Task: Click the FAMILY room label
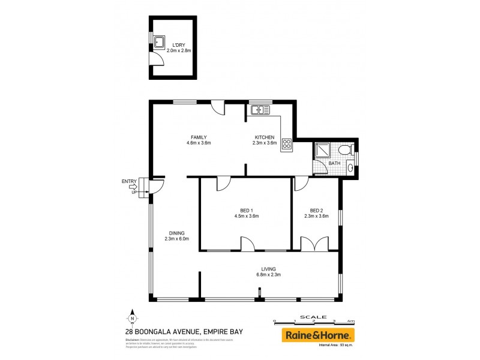pos(199,137)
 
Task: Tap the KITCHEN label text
pos(264,137)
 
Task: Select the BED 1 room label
pos(246,210)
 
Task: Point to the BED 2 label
pos(316,210)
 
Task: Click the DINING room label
pos(176,233)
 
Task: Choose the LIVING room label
pos(268,269)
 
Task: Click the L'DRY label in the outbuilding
pos(179,45)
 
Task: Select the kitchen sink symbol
pos(261,109)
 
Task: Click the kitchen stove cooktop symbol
pos(286,144)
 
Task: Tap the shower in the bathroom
pos(322,150)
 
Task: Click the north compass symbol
pos(133,317)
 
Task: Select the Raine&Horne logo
pos(319,334)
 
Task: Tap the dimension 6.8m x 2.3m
pos(268,275)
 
